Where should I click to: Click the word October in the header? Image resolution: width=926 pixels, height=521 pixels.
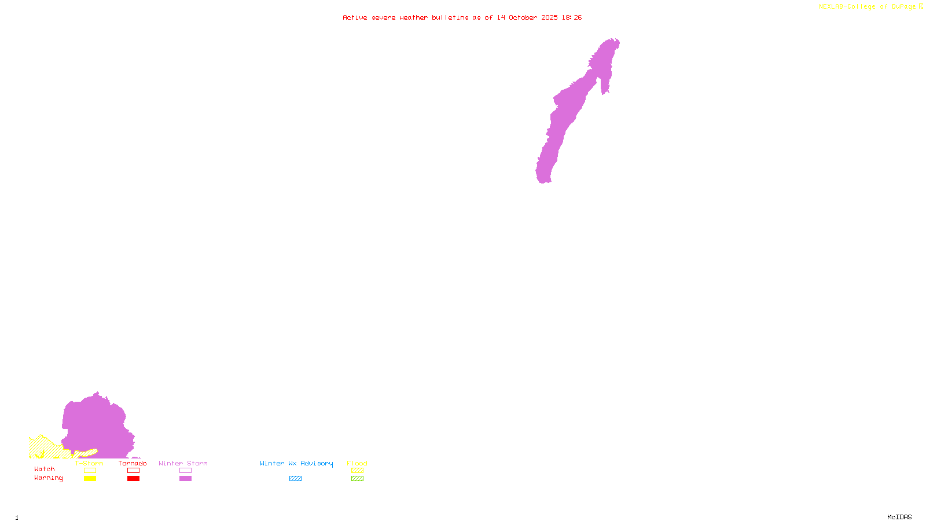[x=523, y=17]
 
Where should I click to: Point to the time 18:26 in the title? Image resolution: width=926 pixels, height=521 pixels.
[x=571, y=17]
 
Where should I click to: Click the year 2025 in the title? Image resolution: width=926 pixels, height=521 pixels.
[x=549, y=17]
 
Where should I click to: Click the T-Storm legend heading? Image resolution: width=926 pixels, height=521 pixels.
[x=89, y=463]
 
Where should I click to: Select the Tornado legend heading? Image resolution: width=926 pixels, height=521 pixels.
[x=133, y=463]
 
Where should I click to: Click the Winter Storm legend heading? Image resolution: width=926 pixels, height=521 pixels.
[x=183, y=463]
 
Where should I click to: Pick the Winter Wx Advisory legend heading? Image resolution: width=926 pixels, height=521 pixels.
[x=296, y=463]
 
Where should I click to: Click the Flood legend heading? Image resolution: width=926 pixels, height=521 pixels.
[x=357, y=463]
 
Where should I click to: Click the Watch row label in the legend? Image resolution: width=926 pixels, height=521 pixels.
[x=45, y=469]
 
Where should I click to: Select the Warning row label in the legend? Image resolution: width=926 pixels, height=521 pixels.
[x=48, y=478]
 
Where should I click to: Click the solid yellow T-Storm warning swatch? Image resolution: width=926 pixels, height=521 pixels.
[x=90, y=479]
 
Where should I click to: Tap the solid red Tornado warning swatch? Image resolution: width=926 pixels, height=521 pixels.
[x=133, y=479]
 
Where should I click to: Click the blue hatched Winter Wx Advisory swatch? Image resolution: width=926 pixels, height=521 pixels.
[x=295, y=479]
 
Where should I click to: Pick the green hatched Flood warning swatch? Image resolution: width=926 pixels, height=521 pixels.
[x=357, y=479]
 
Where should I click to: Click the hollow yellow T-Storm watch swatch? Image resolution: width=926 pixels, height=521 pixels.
[x=90, y=471]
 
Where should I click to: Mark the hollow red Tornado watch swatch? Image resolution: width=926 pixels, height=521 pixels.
[x=133, y=471]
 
